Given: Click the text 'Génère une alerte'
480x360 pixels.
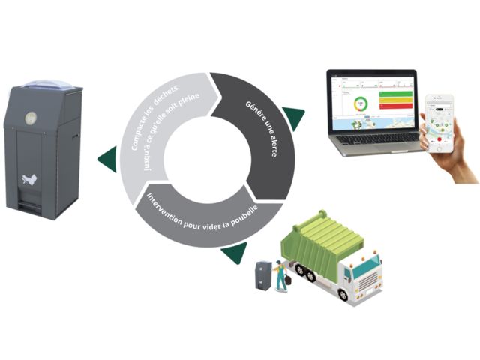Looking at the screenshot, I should pyautogui.click(x=258, y=124).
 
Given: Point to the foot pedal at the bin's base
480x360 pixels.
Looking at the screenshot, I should pyautogui.click(x=28, y=205).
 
